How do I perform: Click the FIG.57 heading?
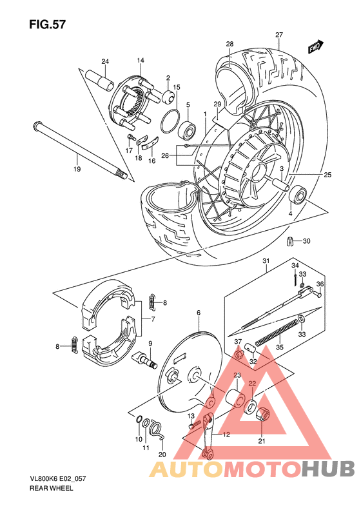[47, 25]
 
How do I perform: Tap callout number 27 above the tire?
[278, 35]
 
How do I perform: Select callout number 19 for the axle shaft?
[77, 170]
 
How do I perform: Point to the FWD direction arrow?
[315, 47]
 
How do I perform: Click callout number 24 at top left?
[105, 62]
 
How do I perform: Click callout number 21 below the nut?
[262, 442]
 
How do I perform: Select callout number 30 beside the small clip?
[306, 241]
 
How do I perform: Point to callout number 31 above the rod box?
[264, 260]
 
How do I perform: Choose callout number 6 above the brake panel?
[199, 313]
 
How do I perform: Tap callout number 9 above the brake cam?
[150, 343]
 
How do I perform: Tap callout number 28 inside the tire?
[229, 44]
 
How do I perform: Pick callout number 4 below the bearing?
[290, 213]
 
